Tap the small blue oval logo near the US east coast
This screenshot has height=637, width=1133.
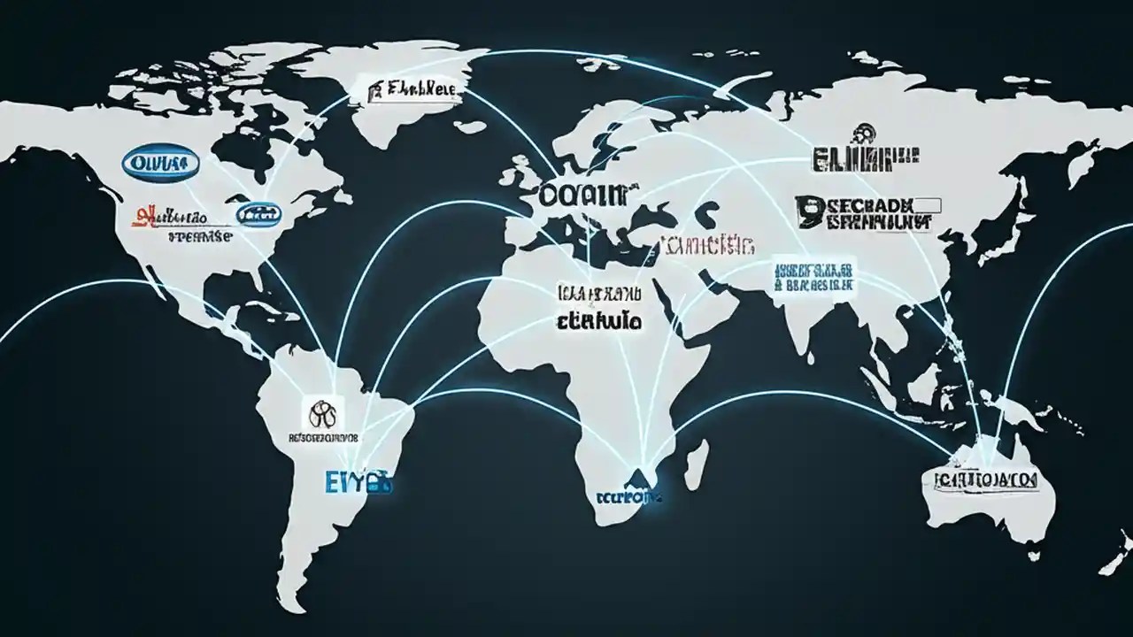[258, 212]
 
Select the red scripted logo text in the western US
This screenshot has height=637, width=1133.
[169, 216]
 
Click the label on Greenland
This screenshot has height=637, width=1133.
[408, 89]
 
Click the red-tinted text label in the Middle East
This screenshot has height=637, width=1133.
[704, 245]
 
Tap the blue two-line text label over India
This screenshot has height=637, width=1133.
[813, 276]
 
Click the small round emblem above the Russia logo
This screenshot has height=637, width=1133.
[859, 135]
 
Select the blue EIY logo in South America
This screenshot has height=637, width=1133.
[358, 482]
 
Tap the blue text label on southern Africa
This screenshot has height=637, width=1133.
[628, 497]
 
